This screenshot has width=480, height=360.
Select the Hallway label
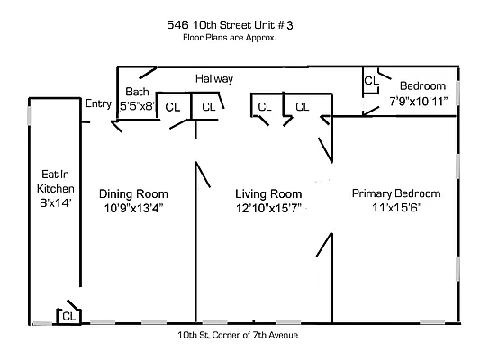(x=214, y=79)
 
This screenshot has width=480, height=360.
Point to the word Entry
(x=98, y=103)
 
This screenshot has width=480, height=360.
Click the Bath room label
(x=137, y=92)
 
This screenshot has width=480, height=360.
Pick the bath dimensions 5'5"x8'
(x=139, y=105)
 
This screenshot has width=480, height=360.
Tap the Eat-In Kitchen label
(x=49, y=183)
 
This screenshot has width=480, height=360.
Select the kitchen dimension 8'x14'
(x=49, y=204)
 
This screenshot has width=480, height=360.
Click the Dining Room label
(x=133, y=193)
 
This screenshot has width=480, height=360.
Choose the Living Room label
(x=267, y=193)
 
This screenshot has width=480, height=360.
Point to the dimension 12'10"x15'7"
(x=267, y=208)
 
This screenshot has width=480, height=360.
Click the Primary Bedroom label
(x=395, y=193)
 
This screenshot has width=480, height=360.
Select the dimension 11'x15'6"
(x=396, y=208)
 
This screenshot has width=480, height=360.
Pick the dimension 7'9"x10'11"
(x=420, y=103)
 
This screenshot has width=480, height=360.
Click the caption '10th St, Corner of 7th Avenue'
(x=238, y=335)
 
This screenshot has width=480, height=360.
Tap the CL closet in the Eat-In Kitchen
(x=68, y=315)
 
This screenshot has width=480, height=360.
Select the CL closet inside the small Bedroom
(x=370, y=81)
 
